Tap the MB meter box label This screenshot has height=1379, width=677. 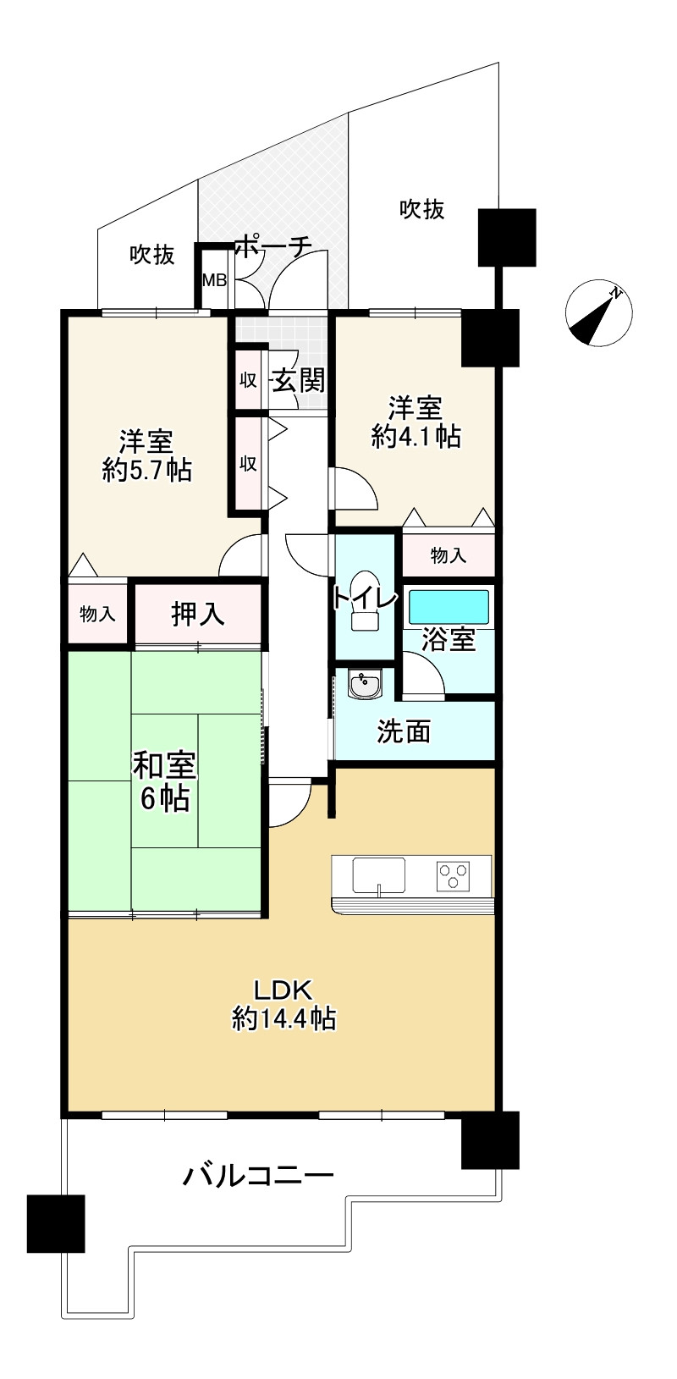tap(214, 280)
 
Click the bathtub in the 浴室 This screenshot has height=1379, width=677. tap(449, 607)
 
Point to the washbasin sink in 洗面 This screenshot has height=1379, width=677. tap(366, 684)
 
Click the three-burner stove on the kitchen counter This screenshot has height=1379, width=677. tap(453, 874)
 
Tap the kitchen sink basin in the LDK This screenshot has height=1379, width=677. tap(378, 875)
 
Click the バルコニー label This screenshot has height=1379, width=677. tap(258, 1175)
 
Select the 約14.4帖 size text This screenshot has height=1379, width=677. tap(284, 1018)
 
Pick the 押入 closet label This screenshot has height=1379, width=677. tap(198, 614)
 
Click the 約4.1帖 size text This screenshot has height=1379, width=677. tap(416, 437)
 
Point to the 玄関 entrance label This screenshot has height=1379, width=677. tap(298, 380)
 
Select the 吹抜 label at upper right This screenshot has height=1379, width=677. tap(422, 208)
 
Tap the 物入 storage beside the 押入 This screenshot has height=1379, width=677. tap(97, 614)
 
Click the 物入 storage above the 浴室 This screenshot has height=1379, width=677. tap(448, 555)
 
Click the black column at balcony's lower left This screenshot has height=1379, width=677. tap(56, 1223)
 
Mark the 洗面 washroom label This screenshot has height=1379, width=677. tap(404, 731)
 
